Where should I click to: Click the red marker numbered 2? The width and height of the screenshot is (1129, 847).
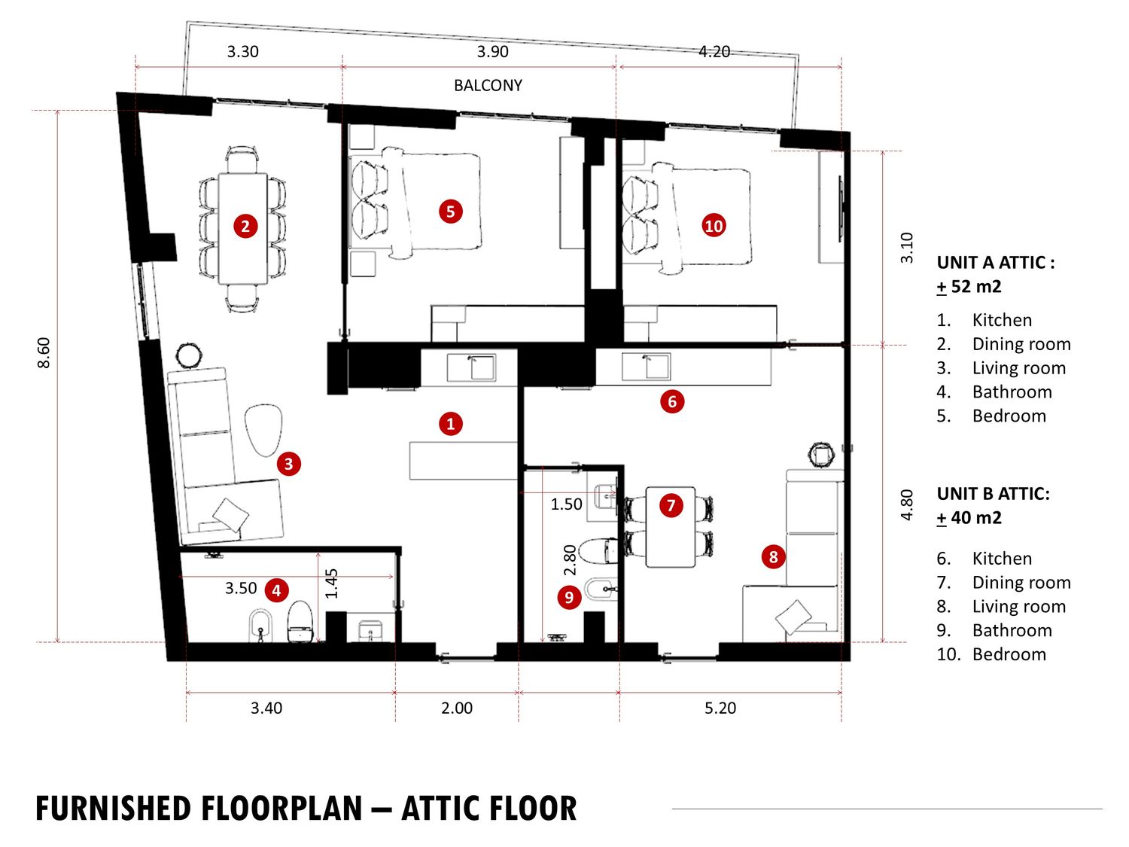[245, 227]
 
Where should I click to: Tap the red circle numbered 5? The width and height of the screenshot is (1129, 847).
[451, 212]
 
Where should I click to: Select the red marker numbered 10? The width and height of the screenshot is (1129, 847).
[714, 226]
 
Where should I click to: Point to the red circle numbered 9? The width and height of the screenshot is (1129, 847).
[569, 597]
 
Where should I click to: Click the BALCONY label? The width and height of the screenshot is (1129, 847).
[488, 85]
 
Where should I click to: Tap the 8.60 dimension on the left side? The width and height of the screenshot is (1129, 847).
[44, 353]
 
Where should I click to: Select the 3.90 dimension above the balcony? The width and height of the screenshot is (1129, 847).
[492, 51]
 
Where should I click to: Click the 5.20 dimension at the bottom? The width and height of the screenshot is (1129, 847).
[720, 708]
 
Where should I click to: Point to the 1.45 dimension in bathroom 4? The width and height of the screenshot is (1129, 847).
[332, 583]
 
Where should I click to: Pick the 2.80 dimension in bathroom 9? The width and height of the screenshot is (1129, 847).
[569, 560]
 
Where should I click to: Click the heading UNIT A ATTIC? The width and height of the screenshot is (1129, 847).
[995, 263]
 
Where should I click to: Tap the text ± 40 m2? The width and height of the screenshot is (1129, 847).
[969, 517]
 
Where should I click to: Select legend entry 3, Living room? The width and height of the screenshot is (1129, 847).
[1001, 368]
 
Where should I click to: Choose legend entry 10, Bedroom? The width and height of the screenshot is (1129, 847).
[991, 654]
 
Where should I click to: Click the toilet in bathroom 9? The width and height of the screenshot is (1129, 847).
[598, 550]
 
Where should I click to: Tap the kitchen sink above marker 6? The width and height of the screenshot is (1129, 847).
[646, 366]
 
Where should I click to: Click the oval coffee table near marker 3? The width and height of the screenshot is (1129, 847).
[263, 431]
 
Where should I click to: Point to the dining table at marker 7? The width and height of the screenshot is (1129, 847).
[670, 527]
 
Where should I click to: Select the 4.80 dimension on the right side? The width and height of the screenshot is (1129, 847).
[906, 504]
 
